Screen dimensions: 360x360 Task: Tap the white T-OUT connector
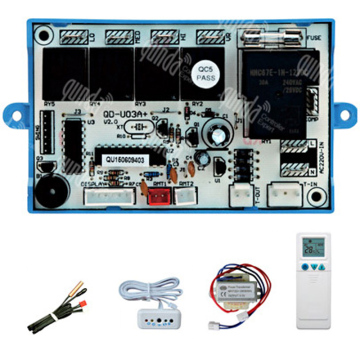tap(241, 198)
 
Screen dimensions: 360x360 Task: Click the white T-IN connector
tap(283, 198)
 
